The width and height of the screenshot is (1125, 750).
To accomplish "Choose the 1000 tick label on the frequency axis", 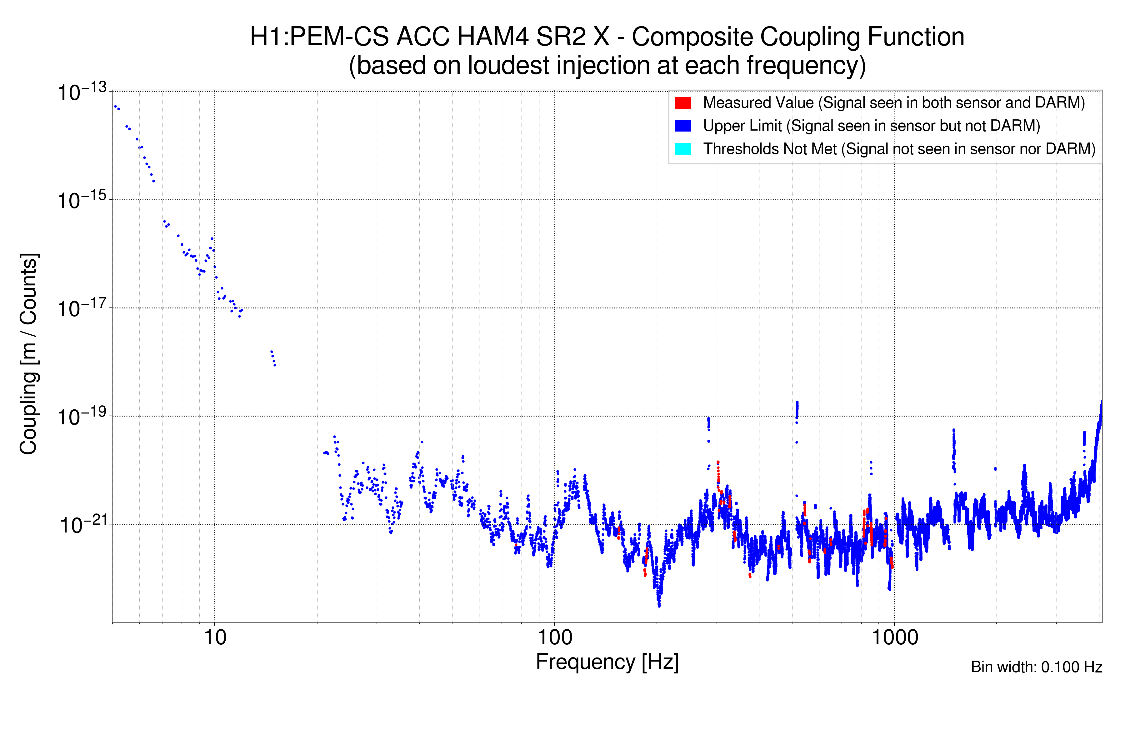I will [894, 637].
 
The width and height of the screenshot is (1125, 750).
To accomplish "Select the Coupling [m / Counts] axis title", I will [29, 354].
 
